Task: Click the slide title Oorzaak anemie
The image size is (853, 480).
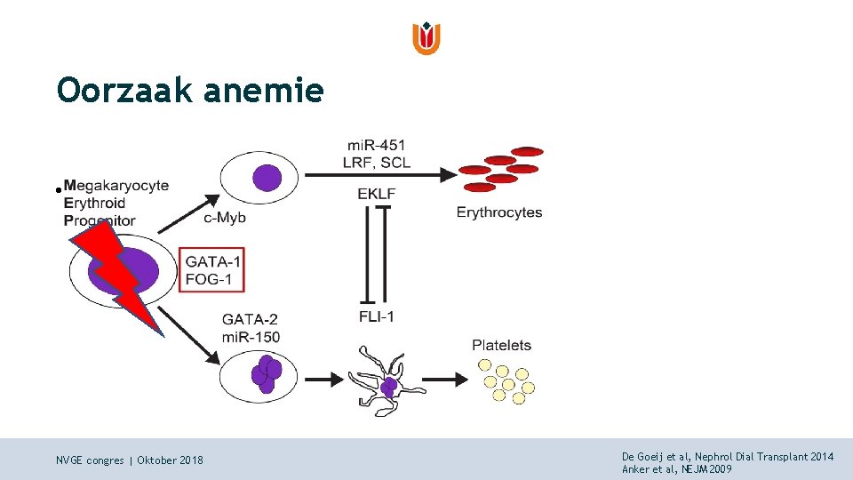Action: (189, 90)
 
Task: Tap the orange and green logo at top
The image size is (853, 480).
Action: (426, 38)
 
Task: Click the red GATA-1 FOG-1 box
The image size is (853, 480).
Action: (211, 269)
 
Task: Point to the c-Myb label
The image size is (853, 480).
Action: (225, 217)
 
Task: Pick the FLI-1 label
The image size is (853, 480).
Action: (376, 316)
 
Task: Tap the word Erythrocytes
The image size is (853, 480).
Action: (498, 212)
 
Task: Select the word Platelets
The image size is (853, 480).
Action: (501, 345)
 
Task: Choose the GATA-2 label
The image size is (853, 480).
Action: (249, 319)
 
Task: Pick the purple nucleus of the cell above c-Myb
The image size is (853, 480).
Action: (266, 179)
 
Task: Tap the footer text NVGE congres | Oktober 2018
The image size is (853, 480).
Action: (129, 460)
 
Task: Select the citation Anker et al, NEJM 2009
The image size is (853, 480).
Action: (677, 468)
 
